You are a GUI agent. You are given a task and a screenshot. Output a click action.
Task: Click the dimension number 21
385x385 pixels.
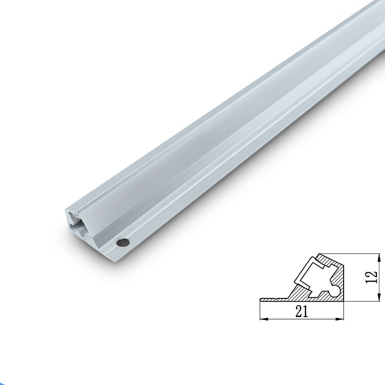pos(302,311)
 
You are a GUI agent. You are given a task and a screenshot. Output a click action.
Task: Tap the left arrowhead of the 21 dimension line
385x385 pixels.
pos(262,319)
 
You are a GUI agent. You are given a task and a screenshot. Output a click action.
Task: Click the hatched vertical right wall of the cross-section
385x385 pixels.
pos(341,284)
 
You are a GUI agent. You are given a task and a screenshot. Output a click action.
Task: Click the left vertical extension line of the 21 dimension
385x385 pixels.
pos(260,312)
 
